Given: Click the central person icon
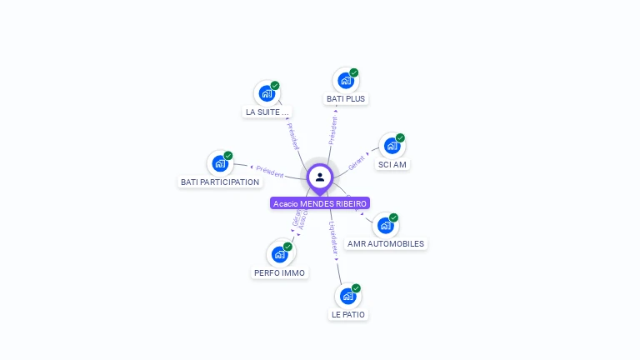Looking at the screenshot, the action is click(x=320, y=177).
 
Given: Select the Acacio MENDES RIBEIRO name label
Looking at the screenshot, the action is click(x=320, y=203).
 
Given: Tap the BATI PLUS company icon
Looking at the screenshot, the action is click(x=345, y=81).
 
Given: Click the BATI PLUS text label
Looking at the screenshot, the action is click(x=346, y=98).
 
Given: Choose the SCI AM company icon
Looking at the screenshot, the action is click(x=392, y=146).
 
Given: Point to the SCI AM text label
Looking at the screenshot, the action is click(x=392, y=164).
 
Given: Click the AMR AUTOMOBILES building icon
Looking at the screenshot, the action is click(x=385, y=225).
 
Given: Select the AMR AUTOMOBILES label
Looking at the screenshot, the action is click(x=386, y=244).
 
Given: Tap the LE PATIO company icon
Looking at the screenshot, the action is click(x=347, y=296).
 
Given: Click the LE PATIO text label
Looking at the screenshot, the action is click(x=348, y=314).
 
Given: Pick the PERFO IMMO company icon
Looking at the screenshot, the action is click(x=279, y=254).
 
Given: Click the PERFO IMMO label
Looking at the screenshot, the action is click(x=280, y=272).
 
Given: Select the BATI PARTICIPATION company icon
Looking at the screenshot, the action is click(x=220, y=163).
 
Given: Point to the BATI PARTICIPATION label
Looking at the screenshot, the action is click(x=220, y=182).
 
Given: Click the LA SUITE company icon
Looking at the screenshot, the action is click(x=267, y=93).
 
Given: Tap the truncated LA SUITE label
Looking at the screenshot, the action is click(x=267, y=112).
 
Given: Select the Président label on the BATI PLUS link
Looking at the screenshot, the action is click(x=333, y=130).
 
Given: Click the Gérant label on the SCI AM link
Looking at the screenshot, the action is click(x=357, y=162).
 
